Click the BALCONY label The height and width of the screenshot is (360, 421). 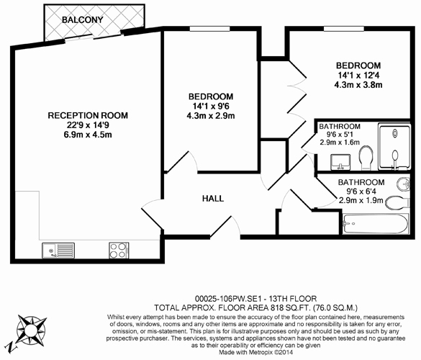(x=83, y=19)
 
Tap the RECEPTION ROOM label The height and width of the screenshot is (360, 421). (x=88, y=115)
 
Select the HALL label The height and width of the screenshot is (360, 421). (x=213, y=199)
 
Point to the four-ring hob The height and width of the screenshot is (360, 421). (x=119, y=251)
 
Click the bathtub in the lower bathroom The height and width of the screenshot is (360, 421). (x=376, y=223)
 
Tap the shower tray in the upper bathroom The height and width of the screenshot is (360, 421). (x=394, y=147)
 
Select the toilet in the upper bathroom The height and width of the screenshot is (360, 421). (x=366, y=158)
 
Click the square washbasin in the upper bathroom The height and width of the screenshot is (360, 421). (x=340, y=162)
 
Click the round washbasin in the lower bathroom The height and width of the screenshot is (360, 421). (x=403, y=184)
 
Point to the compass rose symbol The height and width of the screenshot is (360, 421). (x=31, y=329)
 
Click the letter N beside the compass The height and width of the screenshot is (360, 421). (x=12, y=347)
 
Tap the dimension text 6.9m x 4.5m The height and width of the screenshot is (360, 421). (x=88, y=135)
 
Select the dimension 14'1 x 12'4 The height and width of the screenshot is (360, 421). (x=358, y=75)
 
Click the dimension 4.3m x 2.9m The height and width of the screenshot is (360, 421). (x=211, y=116)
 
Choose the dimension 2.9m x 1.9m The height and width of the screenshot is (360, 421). (x=361, y=200)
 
